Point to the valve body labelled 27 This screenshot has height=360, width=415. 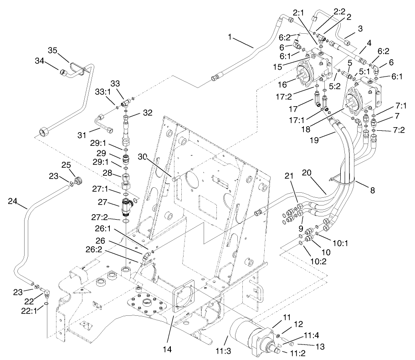pos(126,206)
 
